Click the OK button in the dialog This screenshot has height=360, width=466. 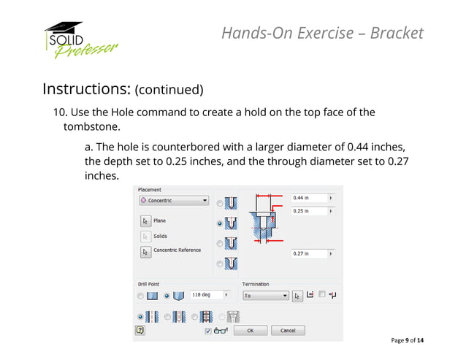251,330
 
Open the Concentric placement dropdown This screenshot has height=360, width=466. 174,200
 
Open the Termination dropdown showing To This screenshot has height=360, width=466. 265,296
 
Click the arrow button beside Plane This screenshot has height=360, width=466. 145,221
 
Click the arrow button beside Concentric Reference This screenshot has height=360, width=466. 145,252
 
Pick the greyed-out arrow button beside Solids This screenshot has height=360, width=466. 145,237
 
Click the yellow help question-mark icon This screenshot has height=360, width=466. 140,330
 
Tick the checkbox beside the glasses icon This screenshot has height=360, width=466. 208,330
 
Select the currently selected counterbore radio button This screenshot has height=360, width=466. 220,223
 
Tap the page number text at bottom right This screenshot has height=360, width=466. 408,341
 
